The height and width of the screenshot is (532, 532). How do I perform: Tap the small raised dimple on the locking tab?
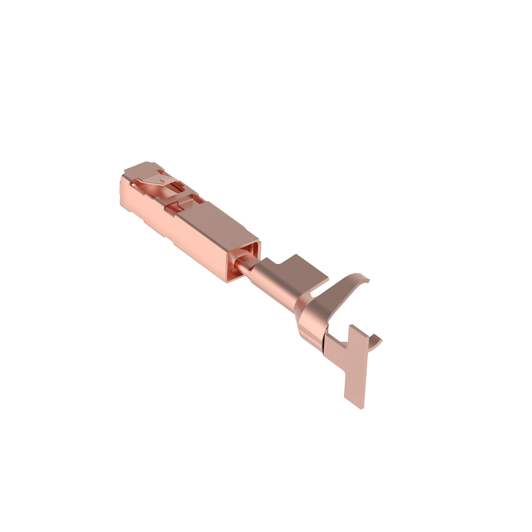(164, 181)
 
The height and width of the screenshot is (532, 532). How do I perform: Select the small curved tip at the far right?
(378, 340)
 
